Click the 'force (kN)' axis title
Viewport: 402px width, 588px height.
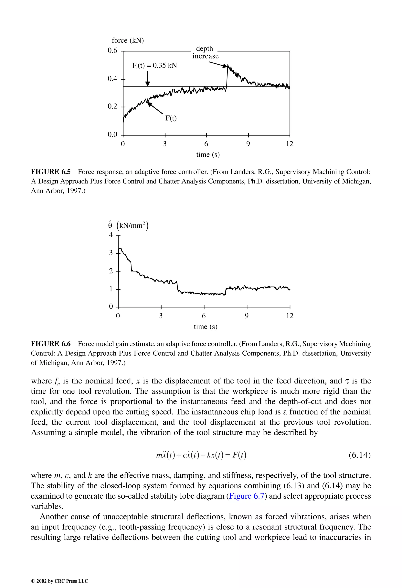click(x=128, y=40)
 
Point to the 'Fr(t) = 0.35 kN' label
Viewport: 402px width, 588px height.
click(x=154, y=66)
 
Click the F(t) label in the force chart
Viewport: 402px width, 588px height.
click(x=171, y=118)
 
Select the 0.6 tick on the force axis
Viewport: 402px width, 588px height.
click(x=112, y=51)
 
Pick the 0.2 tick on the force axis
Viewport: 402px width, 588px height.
click(x=112, y=106)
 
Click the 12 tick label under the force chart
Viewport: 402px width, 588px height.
click(x=290, y=144)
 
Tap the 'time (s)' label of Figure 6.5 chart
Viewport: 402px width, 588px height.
click(x=208, y=154)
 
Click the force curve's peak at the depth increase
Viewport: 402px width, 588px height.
click(x=228, y=65)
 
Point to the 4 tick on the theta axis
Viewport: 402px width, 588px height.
click(x=111, y=235)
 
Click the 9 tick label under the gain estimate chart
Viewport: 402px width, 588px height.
click(x=247, y=316)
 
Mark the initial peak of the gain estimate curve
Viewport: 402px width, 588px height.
click(x=120, y=249)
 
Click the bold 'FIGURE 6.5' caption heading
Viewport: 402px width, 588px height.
click(x=51, y=172)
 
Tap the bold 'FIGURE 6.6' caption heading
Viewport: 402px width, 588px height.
click(x=51, y=344)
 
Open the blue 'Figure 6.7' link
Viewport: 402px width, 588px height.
click(x=246, y=496)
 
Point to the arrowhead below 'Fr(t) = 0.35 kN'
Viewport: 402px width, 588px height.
click(x=148, y=84)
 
